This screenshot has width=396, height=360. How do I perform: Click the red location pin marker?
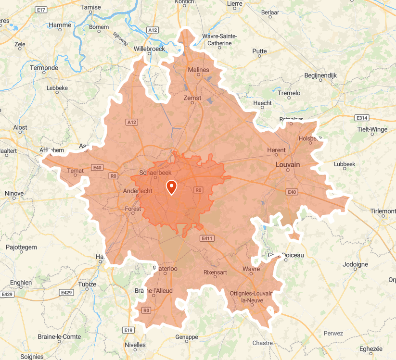[x=171, y=186]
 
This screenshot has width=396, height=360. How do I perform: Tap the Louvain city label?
[x=288, y=164]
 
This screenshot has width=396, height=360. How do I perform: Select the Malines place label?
[x=199, y=70]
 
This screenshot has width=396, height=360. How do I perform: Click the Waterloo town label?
[x=166, y=268]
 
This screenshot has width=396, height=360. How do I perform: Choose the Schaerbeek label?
[x=152, y=173]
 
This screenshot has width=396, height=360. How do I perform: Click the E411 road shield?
[x=207, y=238]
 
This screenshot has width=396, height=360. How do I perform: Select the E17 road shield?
[x=41, y=10]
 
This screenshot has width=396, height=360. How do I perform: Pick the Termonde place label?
[x=44, y=68]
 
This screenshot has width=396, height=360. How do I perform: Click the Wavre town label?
[x=251, y=269]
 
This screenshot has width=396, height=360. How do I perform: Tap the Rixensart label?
[x=215, y=272]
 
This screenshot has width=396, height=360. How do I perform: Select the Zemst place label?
[x=192, y=98]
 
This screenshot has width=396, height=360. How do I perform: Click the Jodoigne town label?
[x=355, y=264]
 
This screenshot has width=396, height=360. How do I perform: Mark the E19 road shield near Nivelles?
[x=128, y=330]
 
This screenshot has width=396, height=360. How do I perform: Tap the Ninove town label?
[x=14, y=193]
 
